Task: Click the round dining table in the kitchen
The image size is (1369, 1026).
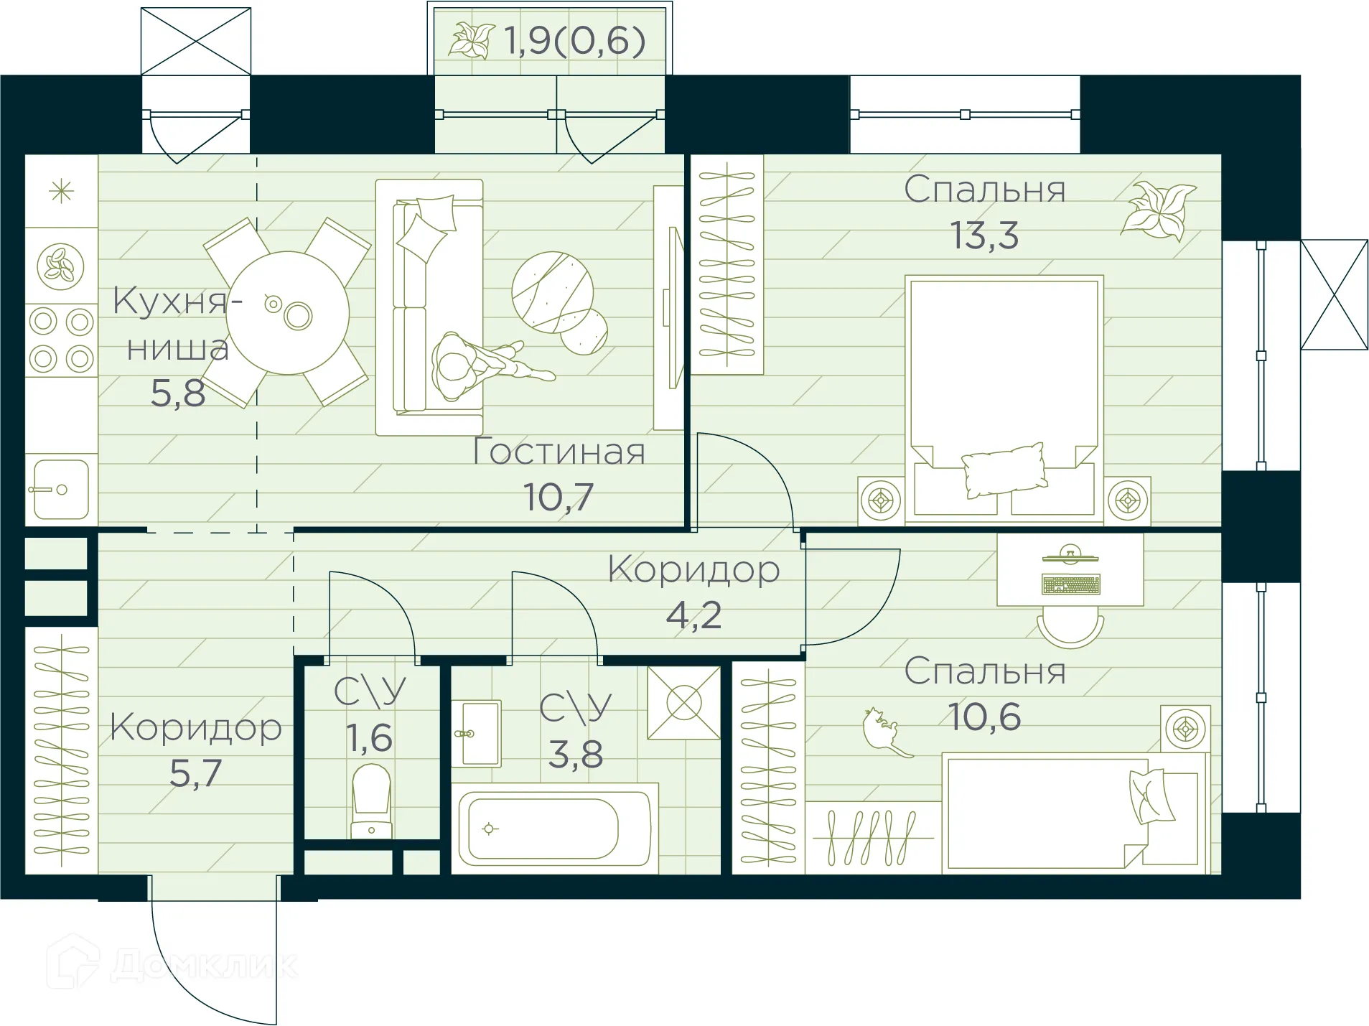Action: pos(287,312)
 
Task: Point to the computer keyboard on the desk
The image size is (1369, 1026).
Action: pos(1070,584)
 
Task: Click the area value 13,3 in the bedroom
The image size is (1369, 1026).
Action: pos(984,235)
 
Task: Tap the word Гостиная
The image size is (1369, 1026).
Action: pos(559,452)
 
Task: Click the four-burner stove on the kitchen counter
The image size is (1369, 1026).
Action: pos(61,340)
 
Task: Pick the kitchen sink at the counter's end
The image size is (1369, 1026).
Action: pos(61,490)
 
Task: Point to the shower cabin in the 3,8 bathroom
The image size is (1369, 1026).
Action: pos(683,702)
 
